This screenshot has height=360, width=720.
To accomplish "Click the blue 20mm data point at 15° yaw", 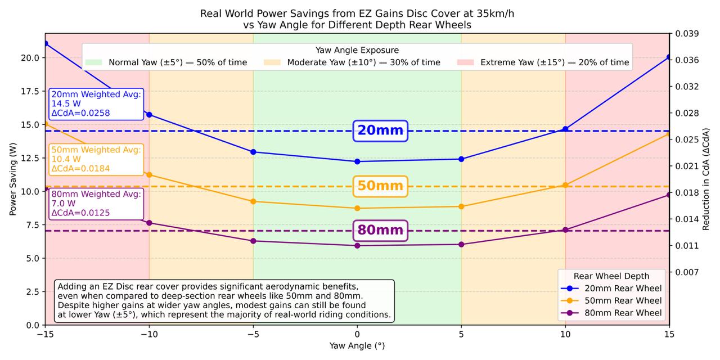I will (669, 57).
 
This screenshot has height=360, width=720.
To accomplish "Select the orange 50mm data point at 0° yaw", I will (357, 208).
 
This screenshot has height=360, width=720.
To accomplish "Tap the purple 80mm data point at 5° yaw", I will (461, 244).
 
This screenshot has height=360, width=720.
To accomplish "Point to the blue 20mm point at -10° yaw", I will (149, 115).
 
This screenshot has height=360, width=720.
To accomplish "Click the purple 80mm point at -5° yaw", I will (253, 241).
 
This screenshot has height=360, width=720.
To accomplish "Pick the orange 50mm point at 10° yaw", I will (565, 185).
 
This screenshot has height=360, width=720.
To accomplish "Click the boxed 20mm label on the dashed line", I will (380, 130).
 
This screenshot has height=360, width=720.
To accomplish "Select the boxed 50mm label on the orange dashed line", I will (380, 186).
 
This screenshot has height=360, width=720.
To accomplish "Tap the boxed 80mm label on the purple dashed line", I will (380, 230).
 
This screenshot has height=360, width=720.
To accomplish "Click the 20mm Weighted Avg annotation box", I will (96, 104).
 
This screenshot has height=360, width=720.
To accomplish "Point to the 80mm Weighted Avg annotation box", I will (96, 204).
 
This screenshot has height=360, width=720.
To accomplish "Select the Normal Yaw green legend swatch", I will (94, 62).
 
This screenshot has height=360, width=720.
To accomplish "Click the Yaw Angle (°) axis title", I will (357, 346).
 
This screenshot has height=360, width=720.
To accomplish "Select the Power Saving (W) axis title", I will (12, 179).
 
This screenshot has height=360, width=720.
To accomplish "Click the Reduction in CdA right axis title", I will (706, 179).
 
